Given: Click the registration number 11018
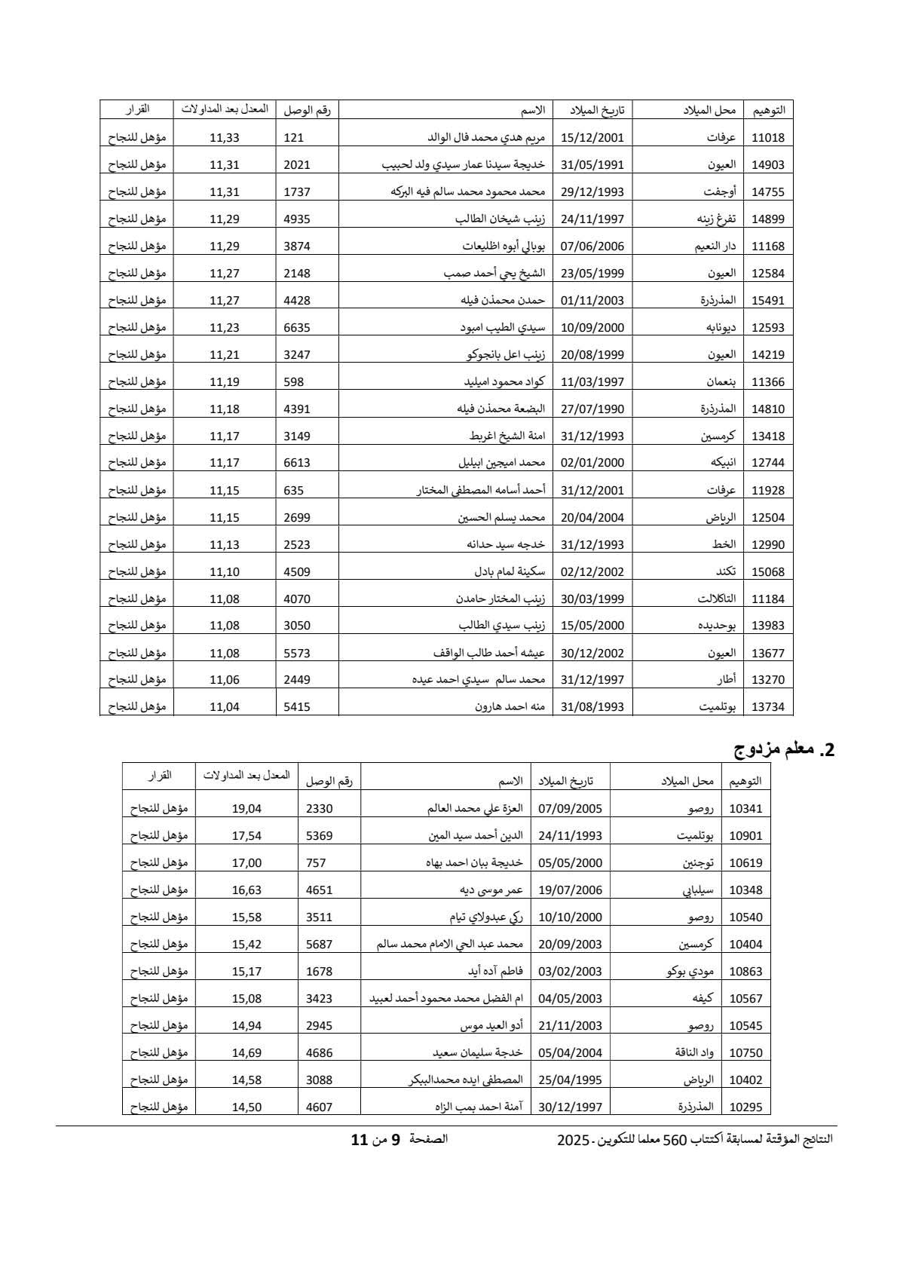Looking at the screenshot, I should click(768, 137).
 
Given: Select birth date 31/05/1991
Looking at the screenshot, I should click(592, 164).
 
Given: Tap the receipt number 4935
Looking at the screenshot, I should click(297, 219).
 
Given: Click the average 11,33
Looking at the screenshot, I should click(224, 137).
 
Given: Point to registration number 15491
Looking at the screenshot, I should click(768, 300).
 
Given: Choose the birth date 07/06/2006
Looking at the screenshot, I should click(592, 246).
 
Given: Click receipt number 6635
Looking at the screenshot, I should click(297, 327).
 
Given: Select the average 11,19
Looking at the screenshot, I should click(224, 381).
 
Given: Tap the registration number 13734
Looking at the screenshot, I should click(768, 706).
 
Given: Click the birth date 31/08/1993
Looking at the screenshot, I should click(592, 706).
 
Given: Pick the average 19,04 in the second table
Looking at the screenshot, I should click(246, 808).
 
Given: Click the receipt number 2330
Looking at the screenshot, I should click(319, 808).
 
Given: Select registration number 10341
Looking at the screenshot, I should click(746, 808).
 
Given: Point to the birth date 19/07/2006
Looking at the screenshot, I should click(571, 890).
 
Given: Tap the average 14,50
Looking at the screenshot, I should click(246, 1107).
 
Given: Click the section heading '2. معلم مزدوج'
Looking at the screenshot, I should click(785, 749).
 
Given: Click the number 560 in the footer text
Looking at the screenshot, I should click(671, 1140).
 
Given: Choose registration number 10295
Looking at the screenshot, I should click(746, 1107).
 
